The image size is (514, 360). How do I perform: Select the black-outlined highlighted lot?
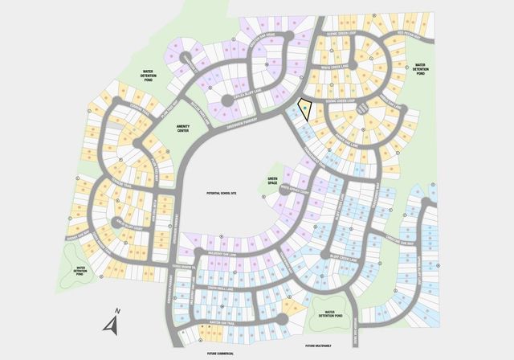(305, 110)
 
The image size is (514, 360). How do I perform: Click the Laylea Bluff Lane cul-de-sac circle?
(228, 100)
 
